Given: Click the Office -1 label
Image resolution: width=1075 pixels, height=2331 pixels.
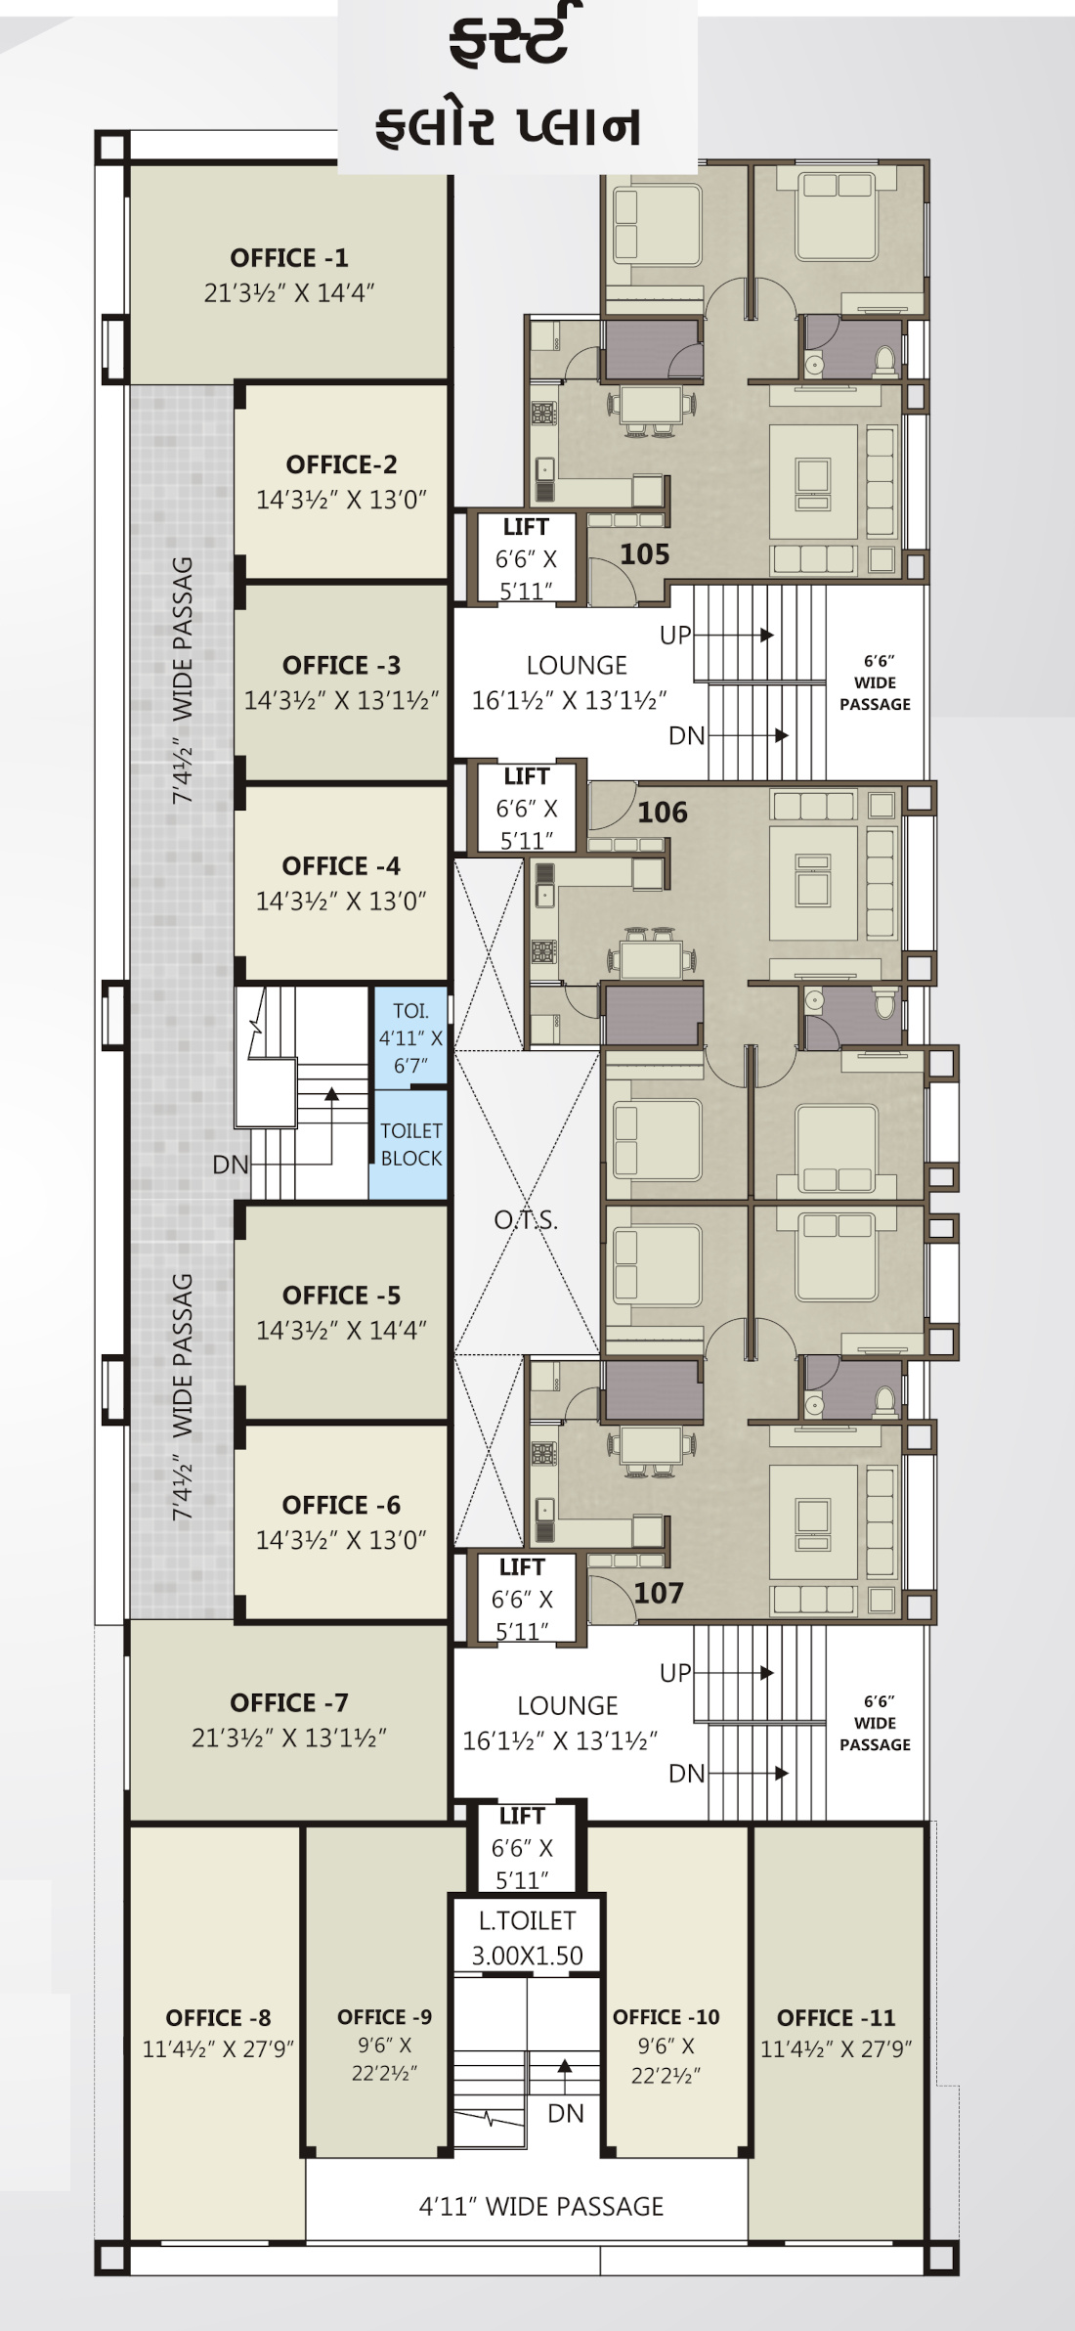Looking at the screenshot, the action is click(288, 258).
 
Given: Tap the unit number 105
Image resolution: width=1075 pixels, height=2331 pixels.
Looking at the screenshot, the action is click(645, 554).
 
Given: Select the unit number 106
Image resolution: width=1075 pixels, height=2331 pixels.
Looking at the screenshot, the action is click(663, 813).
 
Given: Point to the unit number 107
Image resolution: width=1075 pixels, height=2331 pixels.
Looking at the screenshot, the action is click(659, 1593).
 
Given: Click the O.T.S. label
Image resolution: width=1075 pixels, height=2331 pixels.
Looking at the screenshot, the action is click(526, 1220).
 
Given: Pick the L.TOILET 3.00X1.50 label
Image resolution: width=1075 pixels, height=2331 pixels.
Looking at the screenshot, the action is click(527, 1938).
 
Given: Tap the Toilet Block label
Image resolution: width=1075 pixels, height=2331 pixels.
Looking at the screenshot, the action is click(411, 1144).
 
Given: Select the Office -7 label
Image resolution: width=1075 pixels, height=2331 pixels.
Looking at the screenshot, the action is click(289, 1703).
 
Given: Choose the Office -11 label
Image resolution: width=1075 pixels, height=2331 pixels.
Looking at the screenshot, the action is click(837, 2018).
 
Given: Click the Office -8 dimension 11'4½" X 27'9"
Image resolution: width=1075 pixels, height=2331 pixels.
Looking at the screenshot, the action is click(218, 2049).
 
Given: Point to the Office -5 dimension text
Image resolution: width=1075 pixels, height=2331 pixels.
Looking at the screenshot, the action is click(341, 1331).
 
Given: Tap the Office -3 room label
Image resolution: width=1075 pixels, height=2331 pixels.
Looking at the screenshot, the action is click(342, 666).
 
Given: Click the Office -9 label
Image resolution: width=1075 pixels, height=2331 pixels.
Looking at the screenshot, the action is click(384, 2017).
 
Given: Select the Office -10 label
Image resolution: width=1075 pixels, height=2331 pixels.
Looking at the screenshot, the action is click(666, 2017).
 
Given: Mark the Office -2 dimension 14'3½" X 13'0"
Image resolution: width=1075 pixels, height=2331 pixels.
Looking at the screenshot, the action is click(341, 500).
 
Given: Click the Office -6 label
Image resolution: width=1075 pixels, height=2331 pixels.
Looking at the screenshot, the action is click(341, 1506).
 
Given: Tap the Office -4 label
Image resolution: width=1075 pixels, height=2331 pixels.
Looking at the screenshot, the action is click(341, 866).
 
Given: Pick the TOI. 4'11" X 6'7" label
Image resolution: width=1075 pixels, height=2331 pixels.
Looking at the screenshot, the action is click(410, 1038).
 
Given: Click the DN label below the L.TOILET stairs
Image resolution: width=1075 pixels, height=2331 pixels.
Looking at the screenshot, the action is click(566, 2114).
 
